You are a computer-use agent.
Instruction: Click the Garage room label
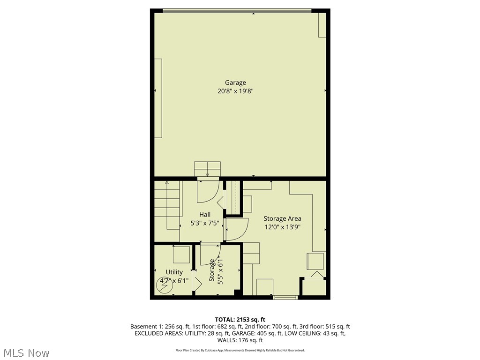pyautogui.click(x=235, y=83)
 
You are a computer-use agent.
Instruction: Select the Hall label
pyautogui.click(x=205, y=215)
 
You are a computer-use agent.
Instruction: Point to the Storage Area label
pyautogui.click(x=282, y=218)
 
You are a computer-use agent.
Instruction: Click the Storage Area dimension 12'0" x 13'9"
pyautogui.click(x=282, y=227)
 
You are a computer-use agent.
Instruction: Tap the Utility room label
pyautogui.click(x=174, y=272)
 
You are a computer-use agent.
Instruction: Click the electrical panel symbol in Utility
pyautogui.click(x=164, y=286)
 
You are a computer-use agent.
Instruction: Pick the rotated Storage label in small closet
pyautogui.click(x=212, y=270)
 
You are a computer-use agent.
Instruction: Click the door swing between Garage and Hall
pyautogui.click(x=207, y=190)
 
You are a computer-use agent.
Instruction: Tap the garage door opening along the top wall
pyautogui.click(x=237, y=10)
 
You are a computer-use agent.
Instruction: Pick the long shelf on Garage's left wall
pyautogui.click(x=158, y=98)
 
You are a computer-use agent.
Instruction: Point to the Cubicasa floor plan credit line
pyautogui.click(x=240, y=350)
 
